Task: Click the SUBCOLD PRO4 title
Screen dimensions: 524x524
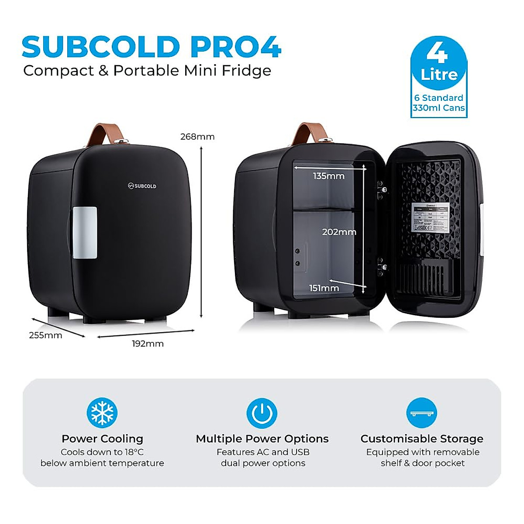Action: coord(152,47)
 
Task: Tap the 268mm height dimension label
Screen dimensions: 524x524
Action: coord(197,137)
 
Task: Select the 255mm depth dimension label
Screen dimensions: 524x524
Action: coord(45,335)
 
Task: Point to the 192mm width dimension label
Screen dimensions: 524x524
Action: coord(148,344)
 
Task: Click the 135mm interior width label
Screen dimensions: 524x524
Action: coord(328,176)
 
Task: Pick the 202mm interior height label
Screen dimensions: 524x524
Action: coord(339,232)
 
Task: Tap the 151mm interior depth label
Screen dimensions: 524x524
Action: coord(324,288)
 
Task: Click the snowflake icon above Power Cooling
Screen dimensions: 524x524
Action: coord(102,413)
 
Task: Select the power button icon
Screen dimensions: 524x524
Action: coord(262,413)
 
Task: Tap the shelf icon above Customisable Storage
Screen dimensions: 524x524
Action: coord(422,413)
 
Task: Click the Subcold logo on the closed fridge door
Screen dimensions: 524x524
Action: coord(142,186)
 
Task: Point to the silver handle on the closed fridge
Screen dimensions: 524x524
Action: coord(85,232)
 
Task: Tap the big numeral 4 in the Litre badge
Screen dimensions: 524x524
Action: coord(438,53)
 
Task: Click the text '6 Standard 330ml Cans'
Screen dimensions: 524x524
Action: coord(439,103)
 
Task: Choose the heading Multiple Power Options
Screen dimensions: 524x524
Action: coord(262,439)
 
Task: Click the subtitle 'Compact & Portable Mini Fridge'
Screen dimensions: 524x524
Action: coord(147,71)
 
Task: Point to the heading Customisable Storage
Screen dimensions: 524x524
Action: coord(422,439)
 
